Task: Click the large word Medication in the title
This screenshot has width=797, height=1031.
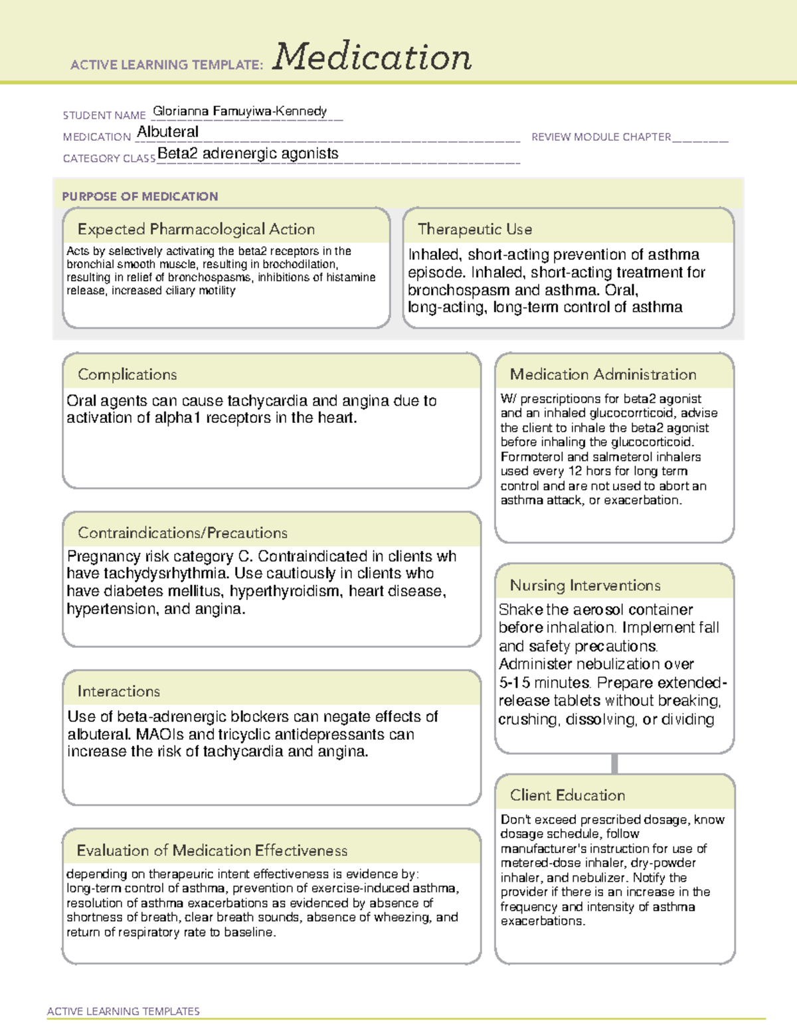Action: point(372,57)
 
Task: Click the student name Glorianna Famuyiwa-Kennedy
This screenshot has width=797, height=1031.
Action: point(240,111)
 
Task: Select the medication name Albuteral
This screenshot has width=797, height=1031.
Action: point(167,132)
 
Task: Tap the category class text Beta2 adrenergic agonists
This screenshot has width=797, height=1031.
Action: point(248,153)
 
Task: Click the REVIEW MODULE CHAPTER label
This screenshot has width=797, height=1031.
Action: point(601,137)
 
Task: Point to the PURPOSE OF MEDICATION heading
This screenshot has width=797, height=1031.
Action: point(140,197)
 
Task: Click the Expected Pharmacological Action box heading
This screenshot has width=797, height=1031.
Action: point(196,229)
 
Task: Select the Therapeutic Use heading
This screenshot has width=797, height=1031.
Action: point(475,229)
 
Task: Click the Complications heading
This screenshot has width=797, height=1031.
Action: point(127,374)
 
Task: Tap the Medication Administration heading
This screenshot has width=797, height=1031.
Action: point(603,374)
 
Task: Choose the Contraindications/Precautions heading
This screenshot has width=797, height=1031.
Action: point(183,532)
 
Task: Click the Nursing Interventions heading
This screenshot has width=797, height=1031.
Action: point(585,585)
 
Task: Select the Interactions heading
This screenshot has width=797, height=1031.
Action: point(118,691)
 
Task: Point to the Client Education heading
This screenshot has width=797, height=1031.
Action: point(567,795)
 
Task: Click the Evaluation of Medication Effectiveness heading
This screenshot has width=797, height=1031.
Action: point(212,850)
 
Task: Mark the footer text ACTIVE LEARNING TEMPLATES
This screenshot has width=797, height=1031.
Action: point(124,1011)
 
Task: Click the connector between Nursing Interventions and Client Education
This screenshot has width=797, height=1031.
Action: point(614,763)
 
